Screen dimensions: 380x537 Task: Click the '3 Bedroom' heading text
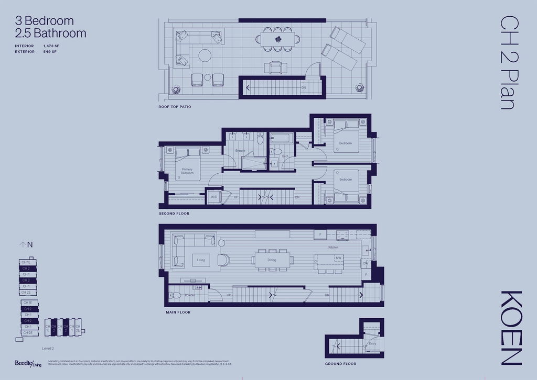[45, 21]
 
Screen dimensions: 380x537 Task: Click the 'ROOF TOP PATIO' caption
[175, 107]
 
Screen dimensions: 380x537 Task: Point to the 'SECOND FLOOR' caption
[174, 214]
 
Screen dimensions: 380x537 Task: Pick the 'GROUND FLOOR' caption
[341, 364]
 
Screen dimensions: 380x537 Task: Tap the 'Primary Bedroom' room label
[187, 170]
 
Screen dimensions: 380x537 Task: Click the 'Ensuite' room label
[240, 151]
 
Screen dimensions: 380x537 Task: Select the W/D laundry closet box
[214, 197]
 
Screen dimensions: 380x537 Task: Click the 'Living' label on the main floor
[201, 260]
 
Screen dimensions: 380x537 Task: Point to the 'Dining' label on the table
[272, 260]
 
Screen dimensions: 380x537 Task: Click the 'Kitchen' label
[333, 247]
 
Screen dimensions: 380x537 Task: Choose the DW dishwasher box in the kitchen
[366, 263]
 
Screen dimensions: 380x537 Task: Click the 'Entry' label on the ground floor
[373, 343]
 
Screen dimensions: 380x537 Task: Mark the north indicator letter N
[30, 244]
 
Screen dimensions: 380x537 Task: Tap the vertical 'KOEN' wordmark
[511, 328]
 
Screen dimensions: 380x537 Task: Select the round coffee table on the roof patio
[205, 55]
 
